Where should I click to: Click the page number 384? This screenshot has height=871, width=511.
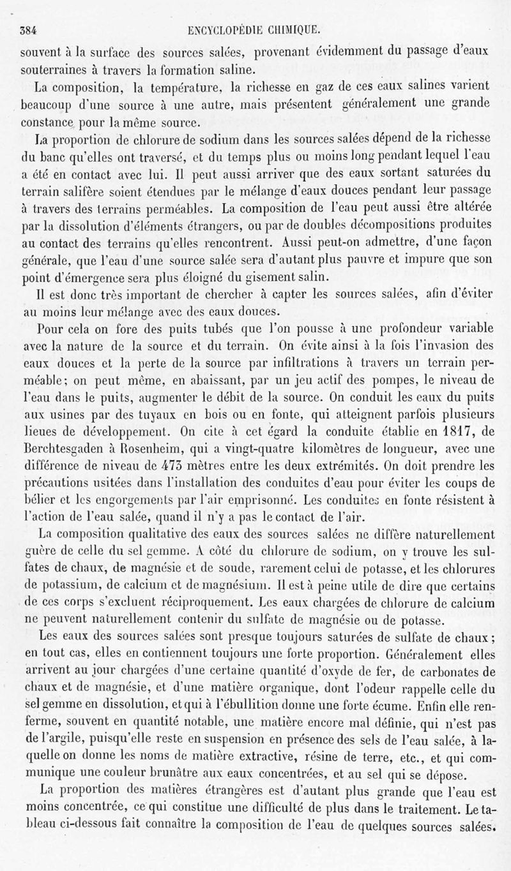point(29,28)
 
